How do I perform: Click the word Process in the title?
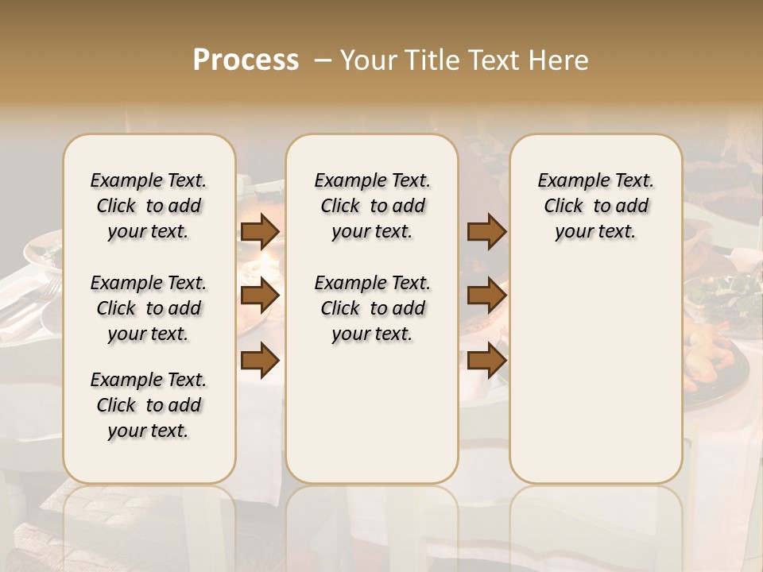[246, 60]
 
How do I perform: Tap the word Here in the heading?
[559, 60]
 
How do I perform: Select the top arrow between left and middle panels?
[260, 231]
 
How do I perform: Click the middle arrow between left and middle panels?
[260, 296]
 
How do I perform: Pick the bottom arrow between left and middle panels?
[260, 361]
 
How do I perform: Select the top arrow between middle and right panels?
[486, 231]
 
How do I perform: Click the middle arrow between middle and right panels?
[486, 296]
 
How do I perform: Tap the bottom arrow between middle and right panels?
[486, 361]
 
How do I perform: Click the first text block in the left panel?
[149, 206]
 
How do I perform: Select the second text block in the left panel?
[149, 308]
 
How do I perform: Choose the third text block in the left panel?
[149, 405]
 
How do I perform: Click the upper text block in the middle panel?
[372, 206]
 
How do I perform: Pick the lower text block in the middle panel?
[372, 308]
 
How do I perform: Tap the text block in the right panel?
[595, 206]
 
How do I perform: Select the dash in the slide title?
[323, 60]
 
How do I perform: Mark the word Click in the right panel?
[564, 207]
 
